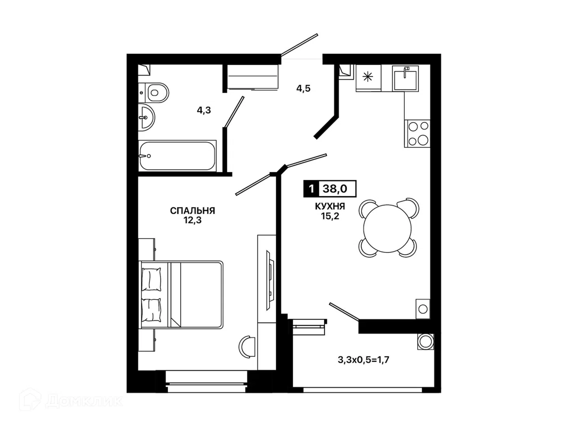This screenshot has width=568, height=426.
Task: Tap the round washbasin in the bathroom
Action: [146, 118]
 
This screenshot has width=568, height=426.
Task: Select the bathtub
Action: [177, 156]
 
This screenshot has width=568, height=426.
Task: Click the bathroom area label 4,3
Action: [204, 110]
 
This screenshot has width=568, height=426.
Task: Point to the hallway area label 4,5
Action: [303, 88]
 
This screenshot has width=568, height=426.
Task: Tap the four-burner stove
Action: [417, 133]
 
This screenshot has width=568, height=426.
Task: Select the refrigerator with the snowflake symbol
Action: [368, 78]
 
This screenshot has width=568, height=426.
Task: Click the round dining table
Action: [387, 228]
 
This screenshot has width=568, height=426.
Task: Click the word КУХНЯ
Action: [330, 206]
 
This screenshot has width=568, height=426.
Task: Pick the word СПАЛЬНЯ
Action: [192, 211]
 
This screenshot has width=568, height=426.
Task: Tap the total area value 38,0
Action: [334, 189]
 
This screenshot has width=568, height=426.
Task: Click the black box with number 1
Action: [312, 189]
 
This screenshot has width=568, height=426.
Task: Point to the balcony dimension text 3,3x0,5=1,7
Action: [363, 360]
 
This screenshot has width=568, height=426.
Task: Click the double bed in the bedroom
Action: [181, 295]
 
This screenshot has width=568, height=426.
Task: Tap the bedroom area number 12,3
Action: [192, 220]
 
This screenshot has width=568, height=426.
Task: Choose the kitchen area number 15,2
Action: [330, 216]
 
